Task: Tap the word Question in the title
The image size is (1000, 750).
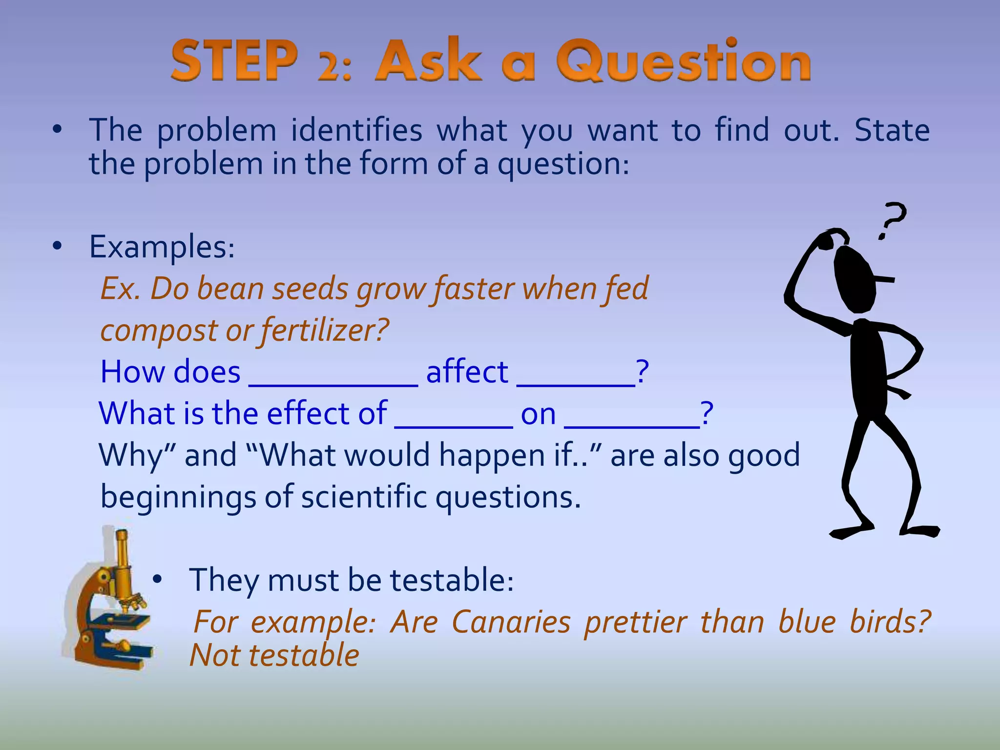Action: tap(684, 61)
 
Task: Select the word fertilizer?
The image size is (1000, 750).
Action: tap(324, 330)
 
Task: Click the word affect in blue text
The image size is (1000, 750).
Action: tap(467, 372)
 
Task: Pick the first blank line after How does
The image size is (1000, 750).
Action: tap(333, 383)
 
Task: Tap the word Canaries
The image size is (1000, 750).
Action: tap(511, 623)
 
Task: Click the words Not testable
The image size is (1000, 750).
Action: tap(274, 656)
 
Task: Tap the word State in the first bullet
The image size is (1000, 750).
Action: tap(892, 131)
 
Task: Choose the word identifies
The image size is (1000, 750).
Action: tap(356, 131)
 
